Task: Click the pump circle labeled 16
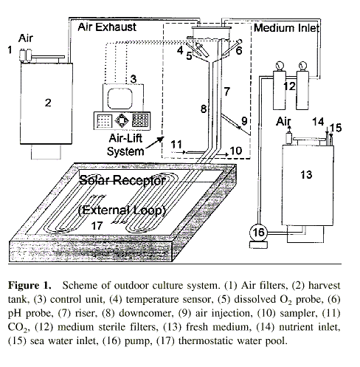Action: point(258,233)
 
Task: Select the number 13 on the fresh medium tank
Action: point(306,175)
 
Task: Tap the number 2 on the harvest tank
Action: point(48,103)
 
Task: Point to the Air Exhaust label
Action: point(107,27)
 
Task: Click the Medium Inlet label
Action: point(286,28)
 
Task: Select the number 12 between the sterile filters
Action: point(289,86)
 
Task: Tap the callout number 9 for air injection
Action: point(244,121)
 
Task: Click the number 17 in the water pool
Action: point(97,226)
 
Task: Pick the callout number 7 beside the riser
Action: point(226,92)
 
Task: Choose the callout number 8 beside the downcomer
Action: point(204,109)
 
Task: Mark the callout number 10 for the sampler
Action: point(236,151)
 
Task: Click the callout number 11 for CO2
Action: point(176,144)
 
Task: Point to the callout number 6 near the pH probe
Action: point(239,50)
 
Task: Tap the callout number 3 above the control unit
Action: point(134,79)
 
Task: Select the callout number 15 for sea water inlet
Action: point(336,128)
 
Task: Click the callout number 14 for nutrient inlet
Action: point(318,122)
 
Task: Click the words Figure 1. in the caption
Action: point(30,285)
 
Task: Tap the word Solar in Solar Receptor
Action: point(94,180)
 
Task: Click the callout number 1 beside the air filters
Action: point(10,50)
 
